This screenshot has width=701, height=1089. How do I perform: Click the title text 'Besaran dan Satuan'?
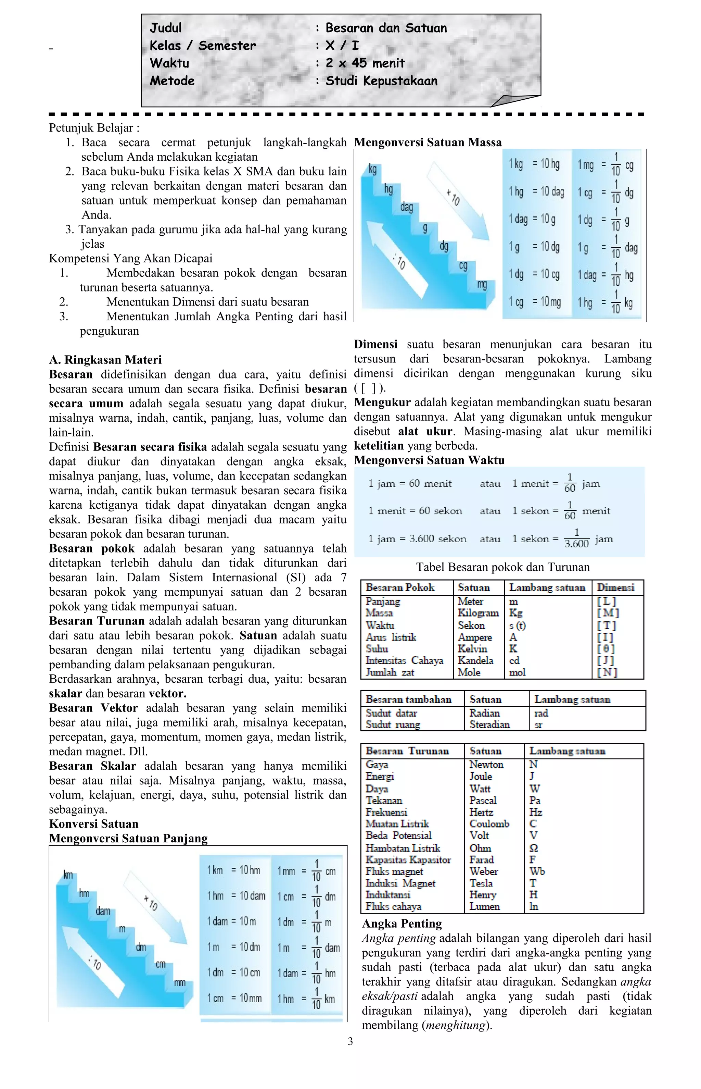tap(386, 28)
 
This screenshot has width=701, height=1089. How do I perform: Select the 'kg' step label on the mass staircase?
tap(373, 170)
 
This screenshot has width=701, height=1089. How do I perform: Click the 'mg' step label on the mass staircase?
tap(482, 284)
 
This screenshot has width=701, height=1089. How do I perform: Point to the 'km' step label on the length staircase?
tap(68, 875)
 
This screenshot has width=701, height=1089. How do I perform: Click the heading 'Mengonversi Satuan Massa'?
tap(428, 143)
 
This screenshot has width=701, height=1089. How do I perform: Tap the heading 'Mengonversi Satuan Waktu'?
tap(429, 460)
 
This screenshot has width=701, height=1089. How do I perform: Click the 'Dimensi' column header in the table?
tap(615, 587)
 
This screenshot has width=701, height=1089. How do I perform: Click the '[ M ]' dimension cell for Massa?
tap(608, 613)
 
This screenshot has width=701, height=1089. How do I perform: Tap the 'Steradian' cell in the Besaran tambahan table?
tap(489, 725)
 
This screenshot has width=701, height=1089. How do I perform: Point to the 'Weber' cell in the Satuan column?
tap(483, 871)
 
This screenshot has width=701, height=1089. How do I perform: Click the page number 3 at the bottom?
tap(350, 1041)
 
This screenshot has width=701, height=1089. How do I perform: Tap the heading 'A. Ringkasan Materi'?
tap(105, 360)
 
